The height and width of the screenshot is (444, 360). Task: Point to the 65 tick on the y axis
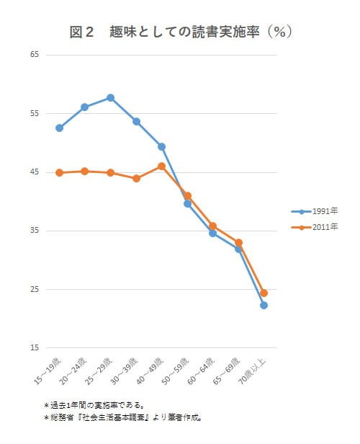(x=35, y=55)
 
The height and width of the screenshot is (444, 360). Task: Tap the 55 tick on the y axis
(x=35, y=114)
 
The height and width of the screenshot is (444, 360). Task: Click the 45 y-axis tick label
(x=35, y=172)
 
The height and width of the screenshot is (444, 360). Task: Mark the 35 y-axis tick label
(x=35, y=231)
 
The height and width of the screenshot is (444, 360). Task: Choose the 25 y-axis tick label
(x=35, y=290)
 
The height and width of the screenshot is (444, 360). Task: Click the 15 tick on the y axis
(x=35, y=348)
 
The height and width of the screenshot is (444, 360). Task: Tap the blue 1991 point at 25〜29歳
(x=110, y=97)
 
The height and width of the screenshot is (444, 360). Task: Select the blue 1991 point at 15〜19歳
(x=59, y=128)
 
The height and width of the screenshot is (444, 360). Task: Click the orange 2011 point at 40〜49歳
(x=161, y=166)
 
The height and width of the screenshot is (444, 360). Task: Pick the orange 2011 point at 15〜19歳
(x=59, y=173)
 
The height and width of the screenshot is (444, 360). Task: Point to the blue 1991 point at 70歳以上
(x=264, y=306)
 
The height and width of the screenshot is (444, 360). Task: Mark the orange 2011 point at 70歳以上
(x=264, y=293)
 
